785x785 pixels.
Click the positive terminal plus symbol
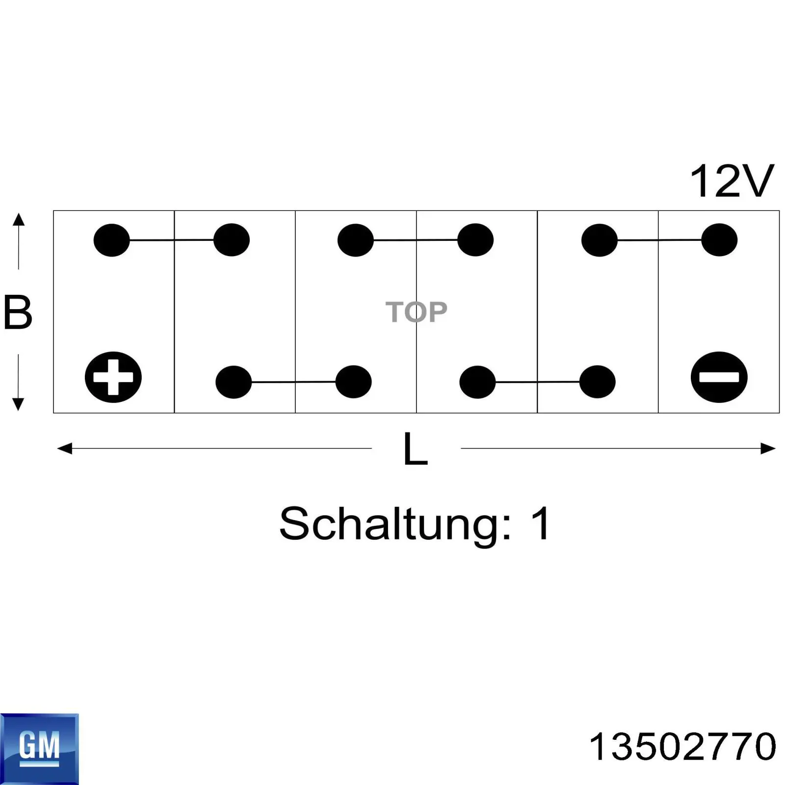click(x=113, y=377)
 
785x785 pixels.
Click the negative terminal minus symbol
click(x=719, y=377)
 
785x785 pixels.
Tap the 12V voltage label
click(x=732, y=181)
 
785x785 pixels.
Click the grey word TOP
click(x=416, y=312)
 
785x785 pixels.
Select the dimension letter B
click(x=18, y=312)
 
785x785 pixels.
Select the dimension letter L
click(x=416, y=448)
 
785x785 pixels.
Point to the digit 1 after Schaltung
click(x=541, y=523)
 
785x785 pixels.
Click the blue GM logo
click(x=39, y=749)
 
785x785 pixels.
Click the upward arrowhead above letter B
click(x=18, y=219)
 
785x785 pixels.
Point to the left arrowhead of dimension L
click(x=64, y=448)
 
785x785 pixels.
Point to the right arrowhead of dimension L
click(x=768, y=448)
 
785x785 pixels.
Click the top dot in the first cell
click(x=112, y=240)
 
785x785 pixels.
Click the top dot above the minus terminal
click(x=719, y=240)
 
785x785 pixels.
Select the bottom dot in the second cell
click(x=234, y=382)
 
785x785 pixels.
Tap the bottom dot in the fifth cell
click(x=598, y=382)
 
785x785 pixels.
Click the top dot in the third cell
click(x=356, y=240)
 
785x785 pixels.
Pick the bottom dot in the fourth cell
click(x=477, y=382)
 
